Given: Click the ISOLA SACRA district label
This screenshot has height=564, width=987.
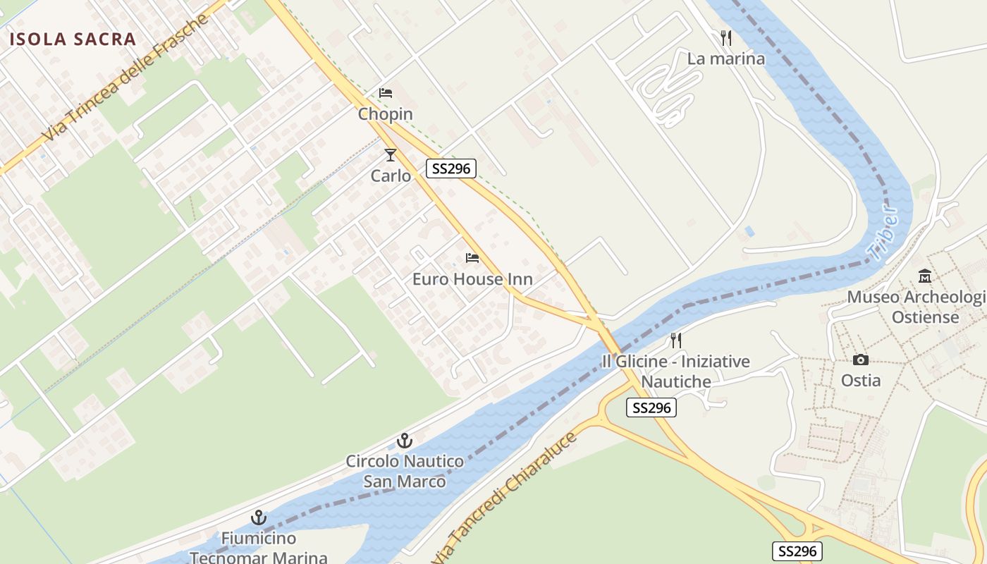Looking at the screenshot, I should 73,39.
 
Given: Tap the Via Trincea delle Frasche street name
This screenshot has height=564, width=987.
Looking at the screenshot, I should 128,78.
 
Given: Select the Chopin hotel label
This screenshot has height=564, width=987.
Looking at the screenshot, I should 385,114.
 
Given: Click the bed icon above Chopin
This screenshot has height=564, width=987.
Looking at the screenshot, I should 385,92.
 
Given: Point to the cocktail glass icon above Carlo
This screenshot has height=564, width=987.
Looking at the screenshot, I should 391,154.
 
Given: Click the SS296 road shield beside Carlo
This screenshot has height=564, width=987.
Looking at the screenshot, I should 451,168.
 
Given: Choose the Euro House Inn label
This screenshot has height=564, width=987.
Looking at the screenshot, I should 472,279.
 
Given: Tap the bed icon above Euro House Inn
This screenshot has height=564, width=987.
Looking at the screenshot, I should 472,258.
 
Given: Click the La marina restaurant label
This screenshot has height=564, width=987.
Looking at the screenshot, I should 725,59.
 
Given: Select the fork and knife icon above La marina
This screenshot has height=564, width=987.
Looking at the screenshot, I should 726,37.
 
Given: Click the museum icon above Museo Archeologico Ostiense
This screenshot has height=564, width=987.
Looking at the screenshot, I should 925,276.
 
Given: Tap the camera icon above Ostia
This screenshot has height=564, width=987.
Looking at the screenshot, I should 860,360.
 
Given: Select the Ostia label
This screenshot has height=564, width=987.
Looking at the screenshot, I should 860,380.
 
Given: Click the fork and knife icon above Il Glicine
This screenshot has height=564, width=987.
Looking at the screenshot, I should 676,341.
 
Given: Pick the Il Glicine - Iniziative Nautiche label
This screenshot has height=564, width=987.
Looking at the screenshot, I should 675,372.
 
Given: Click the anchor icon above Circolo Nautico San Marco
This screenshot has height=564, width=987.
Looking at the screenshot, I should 405,441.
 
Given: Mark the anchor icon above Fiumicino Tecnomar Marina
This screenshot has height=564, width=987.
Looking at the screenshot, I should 258,517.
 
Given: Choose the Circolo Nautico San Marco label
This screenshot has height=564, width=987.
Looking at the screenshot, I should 405,472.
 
